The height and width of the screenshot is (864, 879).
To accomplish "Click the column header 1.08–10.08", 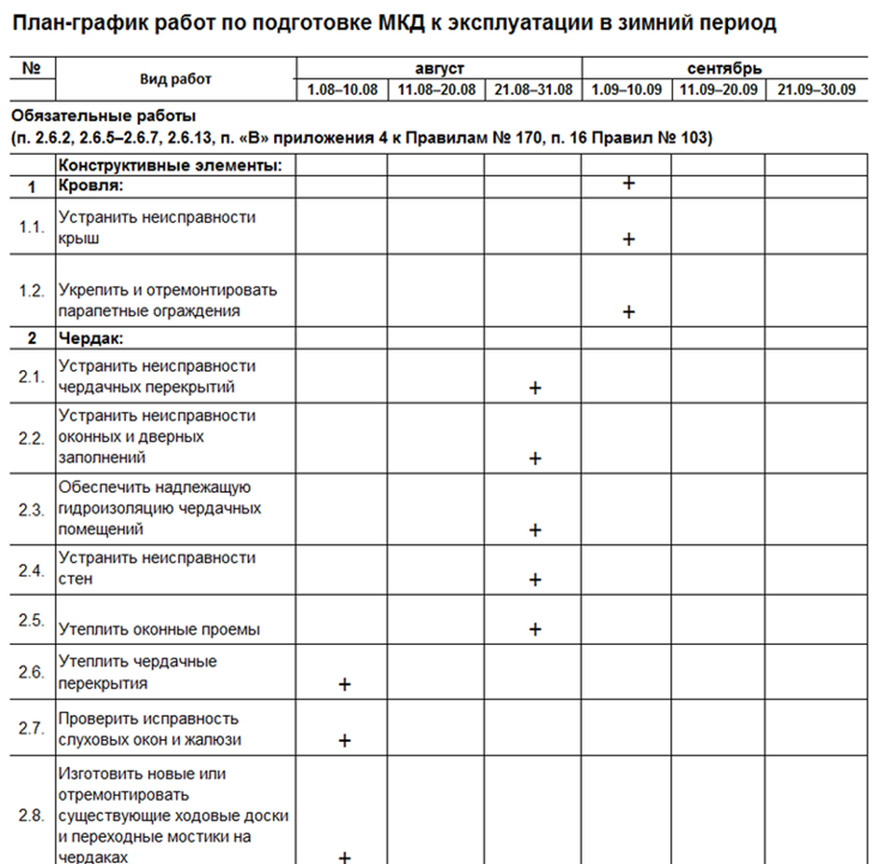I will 342,89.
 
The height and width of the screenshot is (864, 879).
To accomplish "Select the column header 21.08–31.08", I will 533,89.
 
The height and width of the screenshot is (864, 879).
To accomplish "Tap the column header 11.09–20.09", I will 718,89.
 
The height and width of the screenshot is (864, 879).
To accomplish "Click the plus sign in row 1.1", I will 629,239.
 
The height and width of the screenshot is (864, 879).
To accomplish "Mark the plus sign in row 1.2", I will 629,311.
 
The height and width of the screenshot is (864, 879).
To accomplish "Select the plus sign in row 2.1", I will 536,388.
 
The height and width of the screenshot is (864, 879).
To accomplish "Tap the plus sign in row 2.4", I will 536,580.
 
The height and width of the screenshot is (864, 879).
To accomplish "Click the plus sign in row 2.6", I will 344,684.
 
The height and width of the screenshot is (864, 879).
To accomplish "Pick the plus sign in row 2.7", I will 344,741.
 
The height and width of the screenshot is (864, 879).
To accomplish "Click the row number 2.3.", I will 32,509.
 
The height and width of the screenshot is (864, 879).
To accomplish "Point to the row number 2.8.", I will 32,815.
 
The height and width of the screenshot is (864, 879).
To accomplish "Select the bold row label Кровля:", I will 91,184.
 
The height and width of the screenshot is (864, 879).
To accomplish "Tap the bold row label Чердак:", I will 92,338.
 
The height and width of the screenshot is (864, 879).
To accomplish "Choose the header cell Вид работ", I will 175,79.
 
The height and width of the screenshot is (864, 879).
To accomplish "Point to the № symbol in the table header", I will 31,68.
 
